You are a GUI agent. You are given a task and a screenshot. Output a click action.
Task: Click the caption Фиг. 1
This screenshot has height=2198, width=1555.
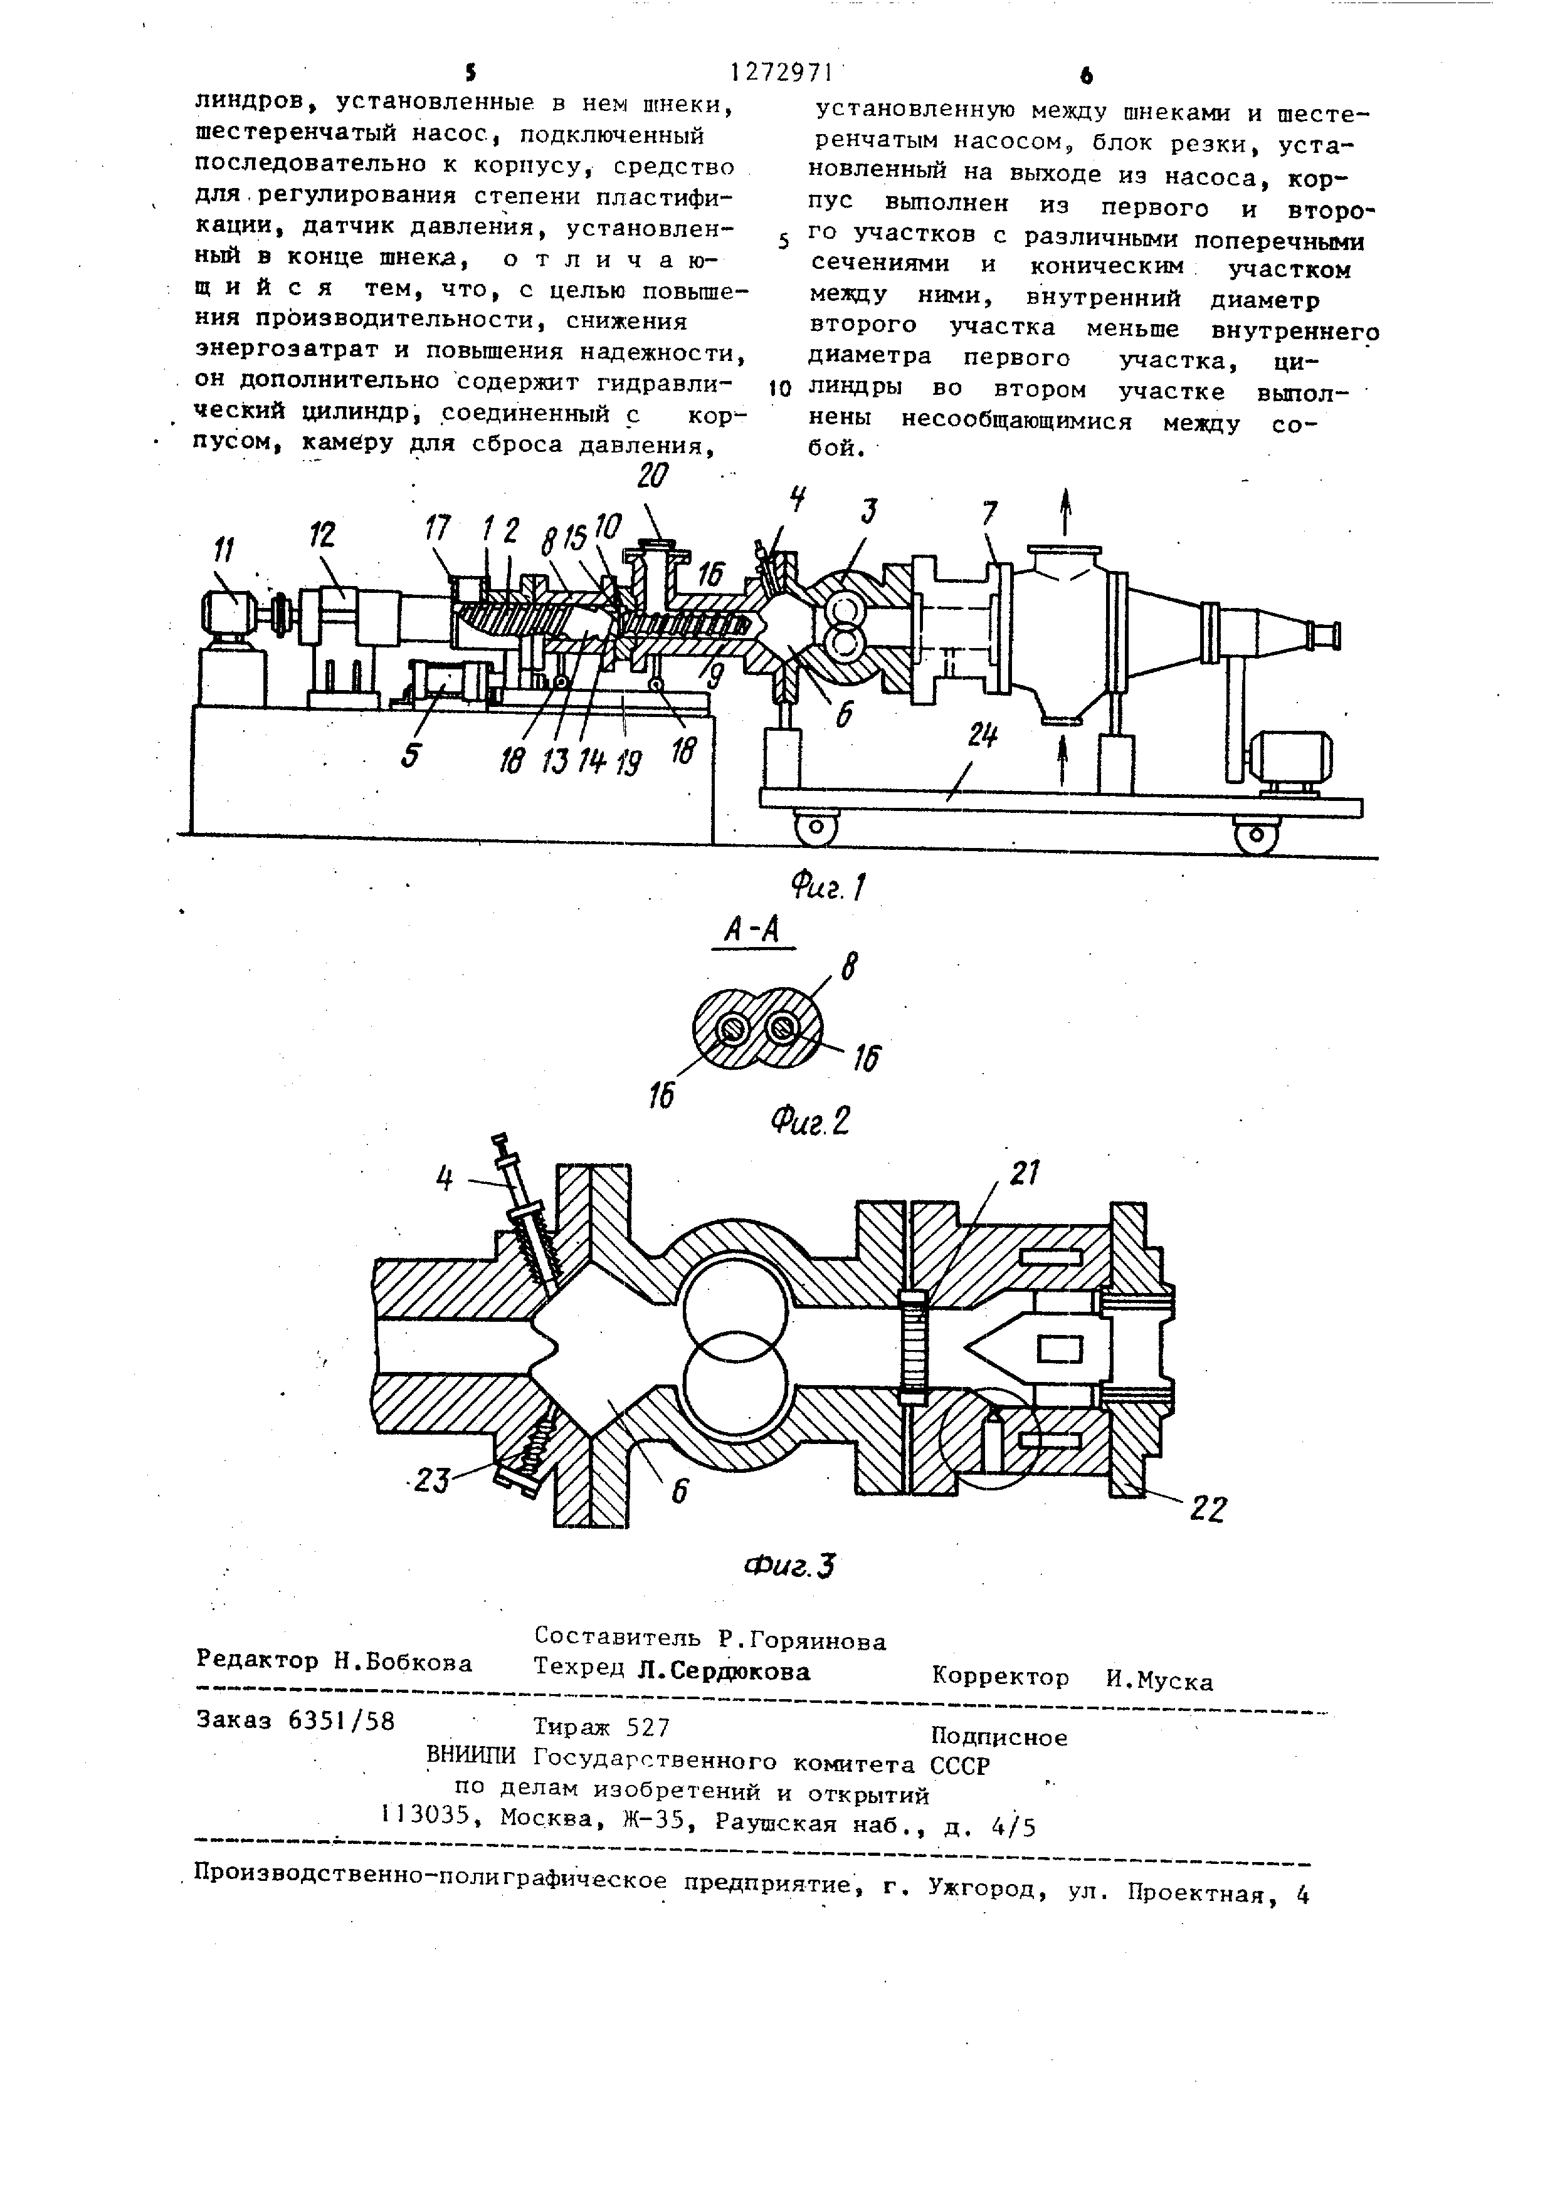pos(829,887)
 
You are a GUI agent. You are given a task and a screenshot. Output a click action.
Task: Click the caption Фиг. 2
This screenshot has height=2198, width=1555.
pos(811,1118)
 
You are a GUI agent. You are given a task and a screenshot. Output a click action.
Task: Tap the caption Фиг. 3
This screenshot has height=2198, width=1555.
pos(791,1566)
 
